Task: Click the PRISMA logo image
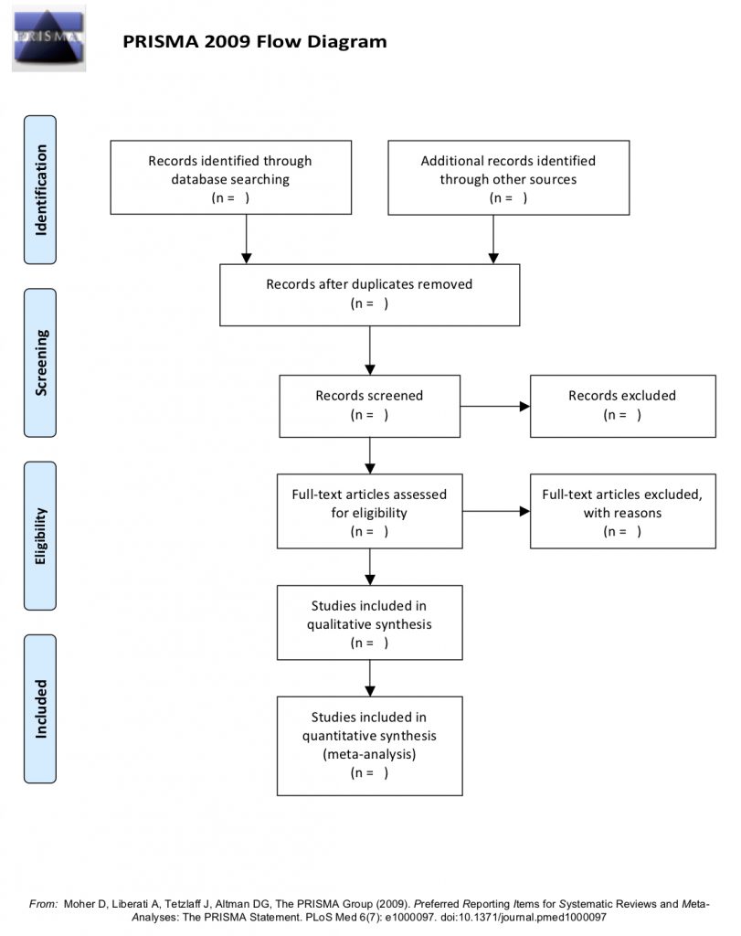click(49, 38)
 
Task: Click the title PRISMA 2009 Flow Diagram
click(255, 41)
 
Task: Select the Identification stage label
click(40, 190)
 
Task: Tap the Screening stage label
click(40, 363)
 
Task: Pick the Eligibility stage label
click(40, 536)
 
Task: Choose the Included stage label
click(40, 709)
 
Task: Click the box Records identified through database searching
click(231, 178)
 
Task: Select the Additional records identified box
click(508, 178)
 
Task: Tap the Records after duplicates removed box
click(369, 295)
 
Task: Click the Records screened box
click(369, 407)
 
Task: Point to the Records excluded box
click(623, 407)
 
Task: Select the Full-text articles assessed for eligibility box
click(369, 512)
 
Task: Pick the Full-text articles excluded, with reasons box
click(623, 512)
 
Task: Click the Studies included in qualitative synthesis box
click(369, 622)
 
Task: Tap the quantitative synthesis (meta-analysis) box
click(369, 746)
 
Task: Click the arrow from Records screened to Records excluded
click(495, 407)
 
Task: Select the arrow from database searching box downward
click(247, 239)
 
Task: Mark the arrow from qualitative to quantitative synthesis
click(370, 678)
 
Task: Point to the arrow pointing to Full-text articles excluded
click(496, 512)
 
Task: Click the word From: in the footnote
click(44, 904)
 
